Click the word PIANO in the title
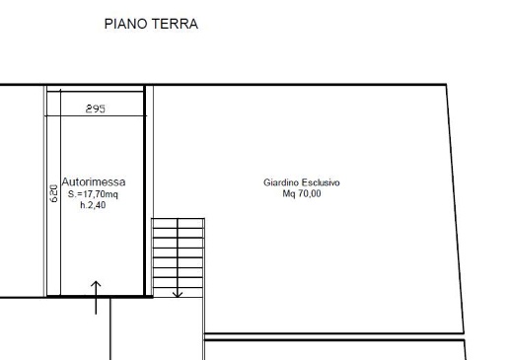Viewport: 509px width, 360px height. (125, 24)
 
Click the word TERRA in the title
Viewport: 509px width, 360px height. (175, 24)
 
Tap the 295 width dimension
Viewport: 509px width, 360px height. (96, 108)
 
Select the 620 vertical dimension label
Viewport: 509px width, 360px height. (53, 193)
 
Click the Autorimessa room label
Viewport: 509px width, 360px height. (94, 181)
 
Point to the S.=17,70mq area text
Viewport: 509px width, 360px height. (93, 194)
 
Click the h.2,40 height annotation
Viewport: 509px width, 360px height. (93, 205)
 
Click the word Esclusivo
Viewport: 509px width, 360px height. (321, 182)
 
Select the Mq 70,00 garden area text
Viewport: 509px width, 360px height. (302, 193)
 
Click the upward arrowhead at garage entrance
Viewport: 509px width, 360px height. (96, 283)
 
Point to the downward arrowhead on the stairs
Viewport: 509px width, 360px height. (178, 294)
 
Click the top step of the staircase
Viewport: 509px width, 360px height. (178, 223)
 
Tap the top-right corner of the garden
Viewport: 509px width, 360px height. (446, 85)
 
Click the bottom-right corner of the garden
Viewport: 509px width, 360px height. (464, 333)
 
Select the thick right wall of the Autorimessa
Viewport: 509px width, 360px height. (144, 190)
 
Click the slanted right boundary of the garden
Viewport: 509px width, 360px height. (455, 209)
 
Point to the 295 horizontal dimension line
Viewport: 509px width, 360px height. (96, 115)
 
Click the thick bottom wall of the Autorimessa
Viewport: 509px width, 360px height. (100, 297)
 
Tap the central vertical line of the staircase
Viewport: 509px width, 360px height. (178, 257)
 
